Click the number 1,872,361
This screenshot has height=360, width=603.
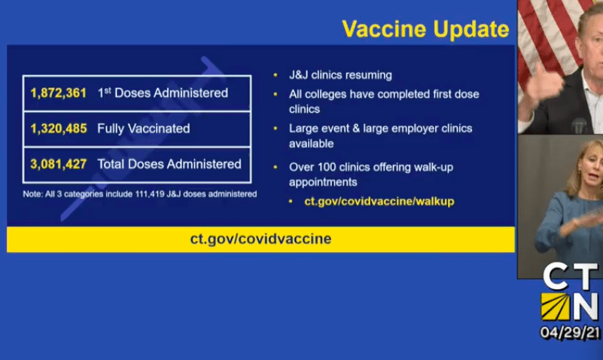point(59,93)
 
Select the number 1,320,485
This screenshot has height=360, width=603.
point(59,129)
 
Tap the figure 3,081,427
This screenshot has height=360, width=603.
point(59,164)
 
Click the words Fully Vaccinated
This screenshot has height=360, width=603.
point(144,129)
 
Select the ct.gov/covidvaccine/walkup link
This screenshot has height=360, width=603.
point(379,202)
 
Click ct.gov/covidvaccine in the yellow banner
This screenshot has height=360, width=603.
point(260,239)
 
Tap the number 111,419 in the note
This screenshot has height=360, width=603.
point(150,194)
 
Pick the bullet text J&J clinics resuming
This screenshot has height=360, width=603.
point(340,75)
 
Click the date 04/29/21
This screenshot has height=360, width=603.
point(570,333)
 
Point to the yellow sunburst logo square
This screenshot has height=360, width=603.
point(556,307)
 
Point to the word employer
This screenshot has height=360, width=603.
point(416,129)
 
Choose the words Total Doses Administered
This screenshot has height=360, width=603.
point(169,164)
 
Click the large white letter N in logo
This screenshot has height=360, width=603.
point(586,307)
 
